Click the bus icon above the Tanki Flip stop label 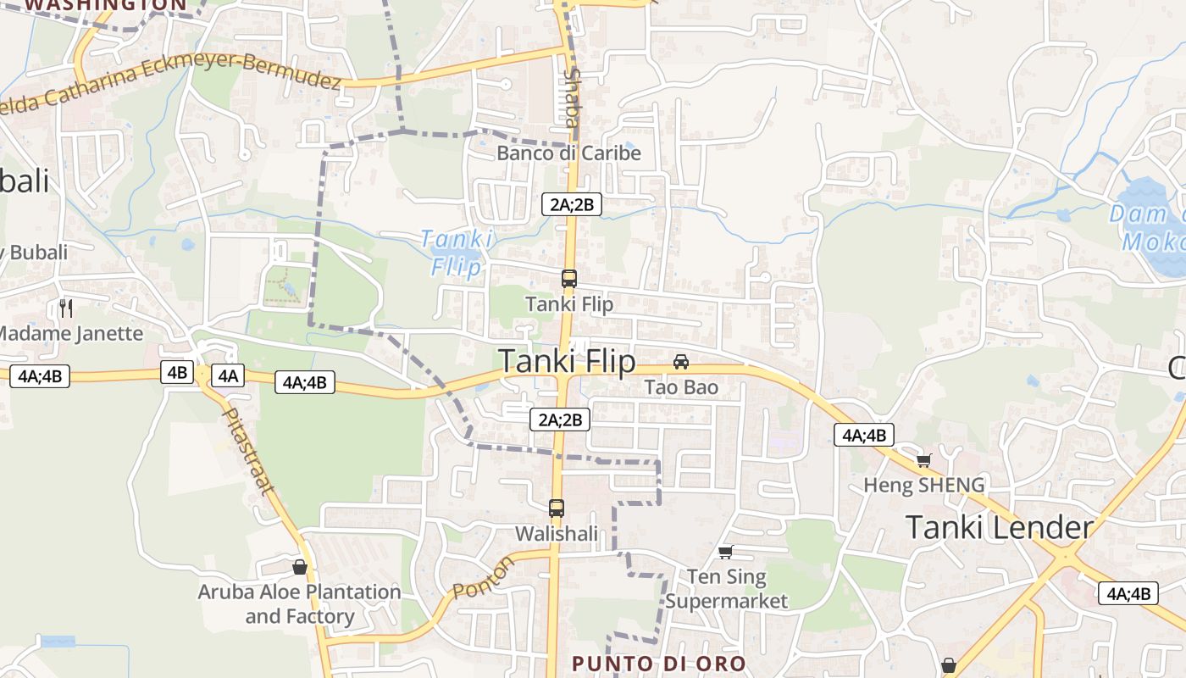coord(569,278)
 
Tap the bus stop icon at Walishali coord(557,508)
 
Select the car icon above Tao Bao coord(681,362)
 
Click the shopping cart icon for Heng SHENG coord(923,460)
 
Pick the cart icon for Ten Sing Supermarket coord(725,553)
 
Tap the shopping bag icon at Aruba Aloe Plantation coord(299,567)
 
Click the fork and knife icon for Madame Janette coord(67,307)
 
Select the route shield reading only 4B coord(177,372)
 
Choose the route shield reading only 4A coord(229,375)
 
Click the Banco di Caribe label coord(568,153)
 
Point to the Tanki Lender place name coord(1000,527)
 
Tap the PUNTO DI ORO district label coord(658,664)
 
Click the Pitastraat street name coord(247,451)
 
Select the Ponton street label coord(483,577)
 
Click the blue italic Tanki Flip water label coord(455,253)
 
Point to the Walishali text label coord(557,534)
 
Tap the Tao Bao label coord(681,387)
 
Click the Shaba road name coord(572,98)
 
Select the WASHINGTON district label coord(106,4)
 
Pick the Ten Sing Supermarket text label coord(726,589)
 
